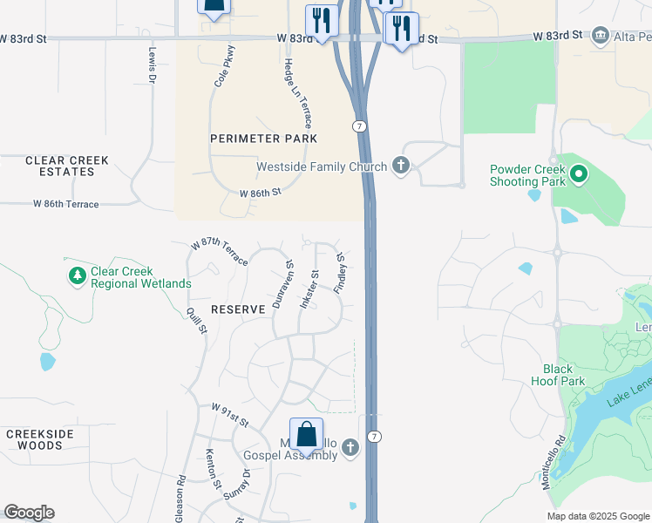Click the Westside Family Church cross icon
tap(401, 166)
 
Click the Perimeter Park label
tap(263, 139)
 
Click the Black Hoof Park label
tap(558, 375)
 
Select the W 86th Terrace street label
tap(66, 204)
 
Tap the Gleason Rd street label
tap(180, 498)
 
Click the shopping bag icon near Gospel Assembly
tap(306, 435)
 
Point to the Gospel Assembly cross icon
tap(350, 448)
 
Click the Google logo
tap(29, 513)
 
